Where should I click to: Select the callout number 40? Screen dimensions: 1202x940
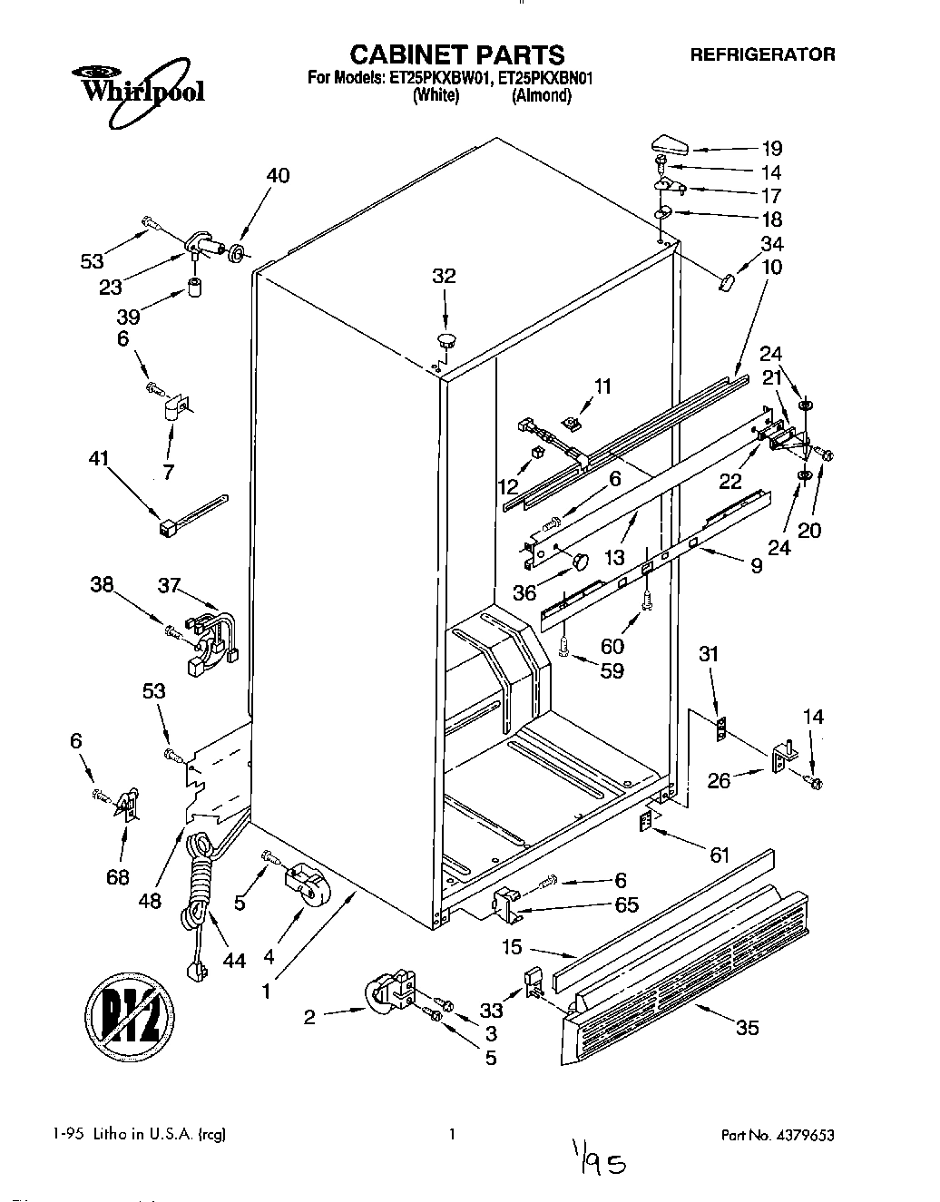[278, 176]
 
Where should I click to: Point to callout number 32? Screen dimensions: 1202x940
[444, 277]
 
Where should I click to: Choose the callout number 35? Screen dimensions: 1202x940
[748, 1027]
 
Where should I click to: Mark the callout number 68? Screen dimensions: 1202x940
[118, 876]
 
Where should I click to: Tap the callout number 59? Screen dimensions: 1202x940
[612, 671]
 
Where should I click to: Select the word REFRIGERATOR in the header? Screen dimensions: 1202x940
[762, 54]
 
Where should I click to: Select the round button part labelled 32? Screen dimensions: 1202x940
[446, 341]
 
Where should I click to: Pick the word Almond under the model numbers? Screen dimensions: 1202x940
[541, 96]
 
